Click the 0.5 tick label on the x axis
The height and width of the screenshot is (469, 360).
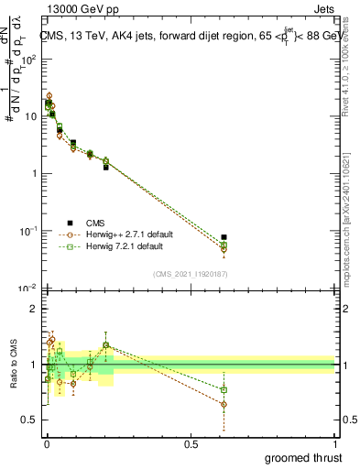coord(191,444)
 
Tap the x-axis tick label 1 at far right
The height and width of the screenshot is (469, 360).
coord(335,444)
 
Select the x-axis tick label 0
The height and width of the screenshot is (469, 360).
coord(47,444)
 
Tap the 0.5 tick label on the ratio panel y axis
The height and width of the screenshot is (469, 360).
coord(31,420)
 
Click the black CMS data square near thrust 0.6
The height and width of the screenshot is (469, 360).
coord(224,237)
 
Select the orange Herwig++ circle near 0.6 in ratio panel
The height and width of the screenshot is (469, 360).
coord(224,404)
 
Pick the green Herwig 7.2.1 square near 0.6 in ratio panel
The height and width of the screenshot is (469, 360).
coord(224,389)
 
